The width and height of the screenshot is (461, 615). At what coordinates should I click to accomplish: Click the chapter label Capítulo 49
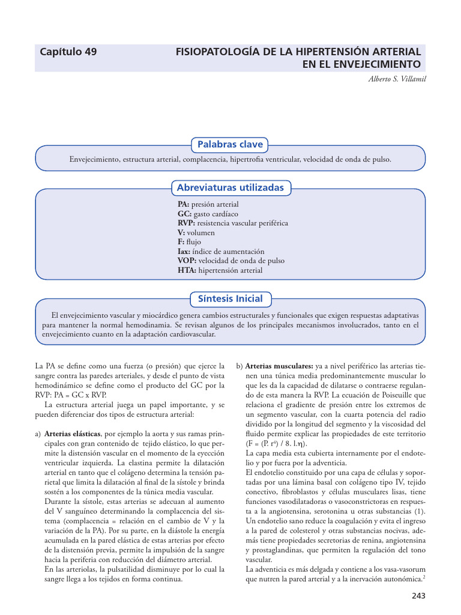tap(68, 52)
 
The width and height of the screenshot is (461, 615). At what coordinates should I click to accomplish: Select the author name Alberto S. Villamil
tap(397, 79)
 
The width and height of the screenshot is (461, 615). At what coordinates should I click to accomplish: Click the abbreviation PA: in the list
tap(183, 205)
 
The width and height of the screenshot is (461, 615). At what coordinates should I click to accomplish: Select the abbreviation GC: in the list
tap(184, 214)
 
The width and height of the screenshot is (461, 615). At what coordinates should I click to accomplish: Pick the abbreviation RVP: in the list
tap(186, 223)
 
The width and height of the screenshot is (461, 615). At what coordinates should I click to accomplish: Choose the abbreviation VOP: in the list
tap(187, 261)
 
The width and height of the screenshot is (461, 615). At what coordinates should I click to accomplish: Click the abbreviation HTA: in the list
tap(187, 271)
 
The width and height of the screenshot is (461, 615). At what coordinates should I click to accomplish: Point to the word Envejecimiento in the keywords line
tap(95, 160)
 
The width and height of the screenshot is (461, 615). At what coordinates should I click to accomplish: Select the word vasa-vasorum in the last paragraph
tap(406, 569)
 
